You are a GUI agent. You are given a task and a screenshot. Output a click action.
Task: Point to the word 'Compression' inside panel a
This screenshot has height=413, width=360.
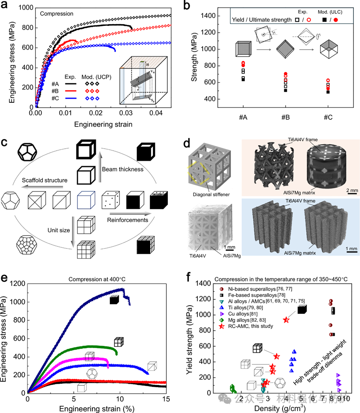[x=56, y=14]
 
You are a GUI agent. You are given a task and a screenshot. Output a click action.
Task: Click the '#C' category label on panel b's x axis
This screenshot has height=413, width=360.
[x=328, y=118]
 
